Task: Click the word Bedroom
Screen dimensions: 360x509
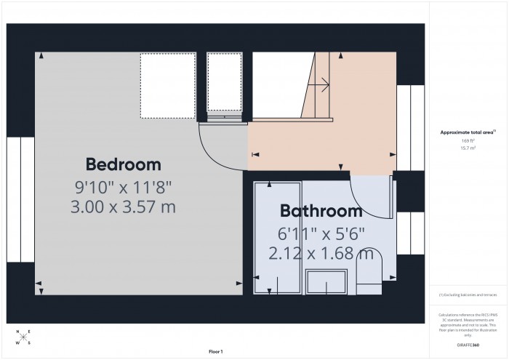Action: [123, 164]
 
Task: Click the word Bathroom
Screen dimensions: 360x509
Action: [321, 212]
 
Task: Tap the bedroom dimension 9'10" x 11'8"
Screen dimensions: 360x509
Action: [123, 186]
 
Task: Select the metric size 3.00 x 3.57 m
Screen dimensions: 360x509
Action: [123, 207]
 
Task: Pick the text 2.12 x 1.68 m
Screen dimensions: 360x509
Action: [321, 254]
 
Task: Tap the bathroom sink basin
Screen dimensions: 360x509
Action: [326, 281]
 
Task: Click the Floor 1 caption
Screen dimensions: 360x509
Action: [215, 351]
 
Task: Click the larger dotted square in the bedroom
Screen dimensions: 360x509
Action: [167, 84]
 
